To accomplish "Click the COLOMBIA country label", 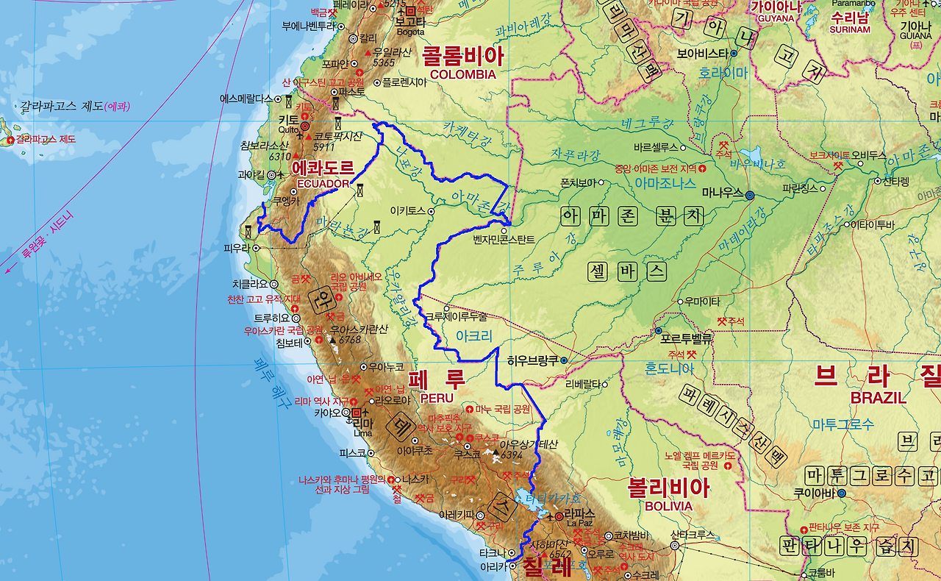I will click(463, 74).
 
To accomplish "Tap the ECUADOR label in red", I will click(323, 183).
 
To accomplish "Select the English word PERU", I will click(437, 398).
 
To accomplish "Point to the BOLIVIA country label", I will click(669, 506).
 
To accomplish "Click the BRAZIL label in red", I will click(878, 398).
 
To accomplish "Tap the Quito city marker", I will click(305, 126).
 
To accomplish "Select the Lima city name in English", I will click(362, 433).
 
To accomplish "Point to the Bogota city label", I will click(410, 32).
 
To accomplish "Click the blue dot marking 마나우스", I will click(749, 196).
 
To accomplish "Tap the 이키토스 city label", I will click(409, 210).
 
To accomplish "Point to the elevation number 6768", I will click(350, 340).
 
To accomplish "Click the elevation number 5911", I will click(323, 147).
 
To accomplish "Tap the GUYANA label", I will click(775, 18).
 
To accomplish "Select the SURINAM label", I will click(850, 30).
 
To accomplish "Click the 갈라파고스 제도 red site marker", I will click(10, 140).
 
